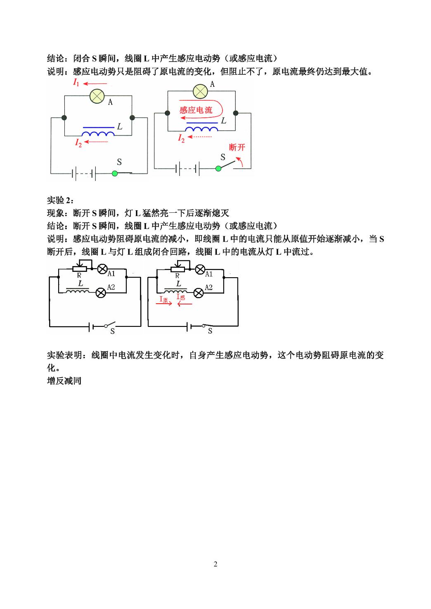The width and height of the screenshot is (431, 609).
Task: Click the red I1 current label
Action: (76, 82)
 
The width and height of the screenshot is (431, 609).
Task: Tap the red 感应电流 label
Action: (196, 110)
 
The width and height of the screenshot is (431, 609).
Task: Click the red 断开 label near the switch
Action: (237, 147)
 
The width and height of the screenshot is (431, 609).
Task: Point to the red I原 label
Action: (163, 299)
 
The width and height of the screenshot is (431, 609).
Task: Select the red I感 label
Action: (180, 297)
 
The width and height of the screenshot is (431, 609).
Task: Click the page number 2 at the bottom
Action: (215, 564)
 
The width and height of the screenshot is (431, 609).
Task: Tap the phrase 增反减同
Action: (64, 381)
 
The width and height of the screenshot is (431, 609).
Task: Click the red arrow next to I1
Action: (95, 84)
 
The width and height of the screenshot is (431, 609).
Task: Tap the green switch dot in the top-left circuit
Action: (115, 174)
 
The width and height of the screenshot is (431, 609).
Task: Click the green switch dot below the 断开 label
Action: (218, 169)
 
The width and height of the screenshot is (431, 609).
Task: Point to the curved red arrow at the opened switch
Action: (240, 161)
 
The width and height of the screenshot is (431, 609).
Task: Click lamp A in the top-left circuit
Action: (97, 96)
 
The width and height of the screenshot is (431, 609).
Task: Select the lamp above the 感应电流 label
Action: (200, 91)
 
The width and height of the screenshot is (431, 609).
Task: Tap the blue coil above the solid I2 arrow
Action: (98, 133)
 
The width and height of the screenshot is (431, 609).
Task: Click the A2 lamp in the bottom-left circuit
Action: (101, 293)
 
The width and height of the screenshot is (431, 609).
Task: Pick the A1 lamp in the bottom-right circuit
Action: (200, 269)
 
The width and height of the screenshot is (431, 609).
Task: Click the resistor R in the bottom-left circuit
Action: (80, 269)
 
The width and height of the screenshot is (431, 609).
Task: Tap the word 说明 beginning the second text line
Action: (56, 72)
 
